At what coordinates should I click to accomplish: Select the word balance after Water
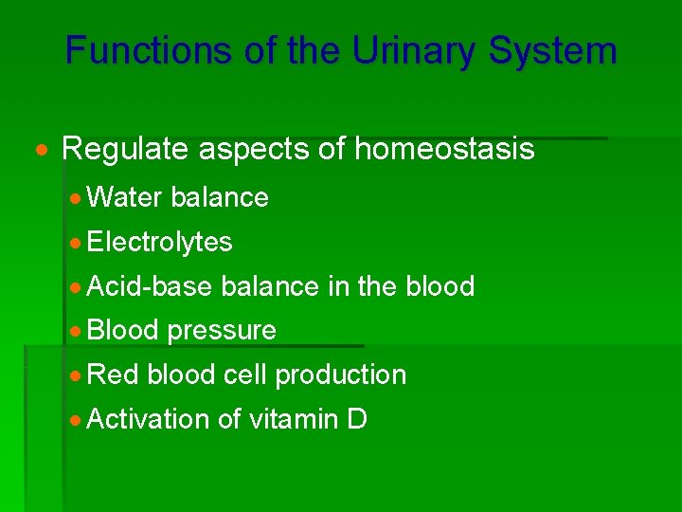pos(220,197)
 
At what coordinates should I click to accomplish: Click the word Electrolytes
pos(159,243)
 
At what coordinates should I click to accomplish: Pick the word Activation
pos(147,419)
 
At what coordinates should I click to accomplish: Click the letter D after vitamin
pos(357,419)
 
